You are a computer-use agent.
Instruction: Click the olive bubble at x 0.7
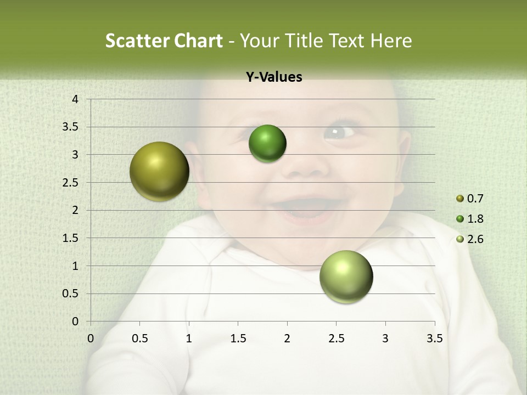pos(159,171)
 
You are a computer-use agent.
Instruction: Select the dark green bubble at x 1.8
pos(267,144)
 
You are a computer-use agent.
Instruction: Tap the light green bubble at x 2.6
pos(346,276)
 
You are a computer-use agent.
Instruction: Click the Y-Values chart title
pos(274,77)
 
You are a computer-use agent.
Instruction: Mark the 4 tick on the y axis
pos(75,99)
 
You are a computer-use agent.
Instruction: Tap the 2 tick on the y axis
pos(75,210)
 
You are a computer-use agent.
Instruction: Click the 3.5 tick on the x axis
pos(434,338)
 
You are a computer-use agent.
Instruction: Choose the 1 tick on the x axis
pos(189,338)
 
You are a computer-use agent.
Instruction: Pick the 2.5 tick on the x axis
pos(336,338)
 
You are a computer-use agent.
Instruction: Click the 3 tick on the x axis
pos(385,338)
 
